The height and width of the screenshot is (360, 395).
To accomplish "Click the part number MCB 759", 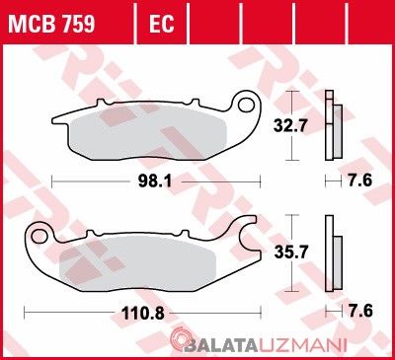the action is click(x=51, y=24).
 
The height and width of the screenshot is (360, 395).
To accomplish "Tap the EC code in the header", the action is click(x=161, y=24).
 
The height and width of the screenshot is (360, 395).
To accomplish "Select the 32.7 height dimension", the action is click(x=290, y=125).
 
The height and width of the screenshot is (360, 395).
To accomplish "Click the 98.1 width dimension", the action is click(x=155, y=181).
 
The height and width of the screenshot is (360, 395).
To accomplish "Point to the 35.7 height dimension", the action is click(x=291, y=252).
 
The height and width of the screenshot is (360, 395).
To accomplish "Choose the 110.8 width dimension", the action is click(x=143, y=313).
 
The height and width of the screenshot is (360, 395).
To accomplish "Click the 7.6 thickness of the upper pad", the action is click(x=359, y=180).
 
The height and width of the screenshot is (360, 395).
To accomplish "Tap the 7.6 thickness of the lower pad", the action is click(x=360, y=311).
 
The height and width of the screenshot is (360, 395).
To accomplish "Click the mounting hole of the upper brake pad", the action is click(x=247, y=105).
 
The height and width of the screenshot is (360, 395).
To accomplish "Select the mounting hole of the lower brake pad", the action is click(x=39, y=236).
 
